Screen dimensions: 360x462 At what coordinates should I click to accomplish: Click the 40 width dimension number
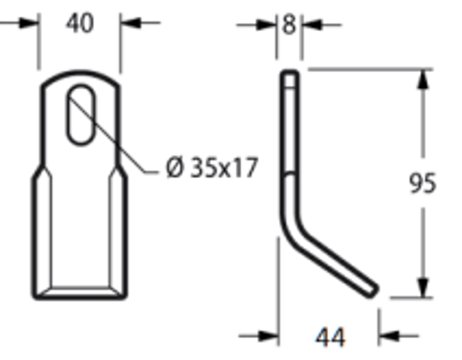(x=80, y=23)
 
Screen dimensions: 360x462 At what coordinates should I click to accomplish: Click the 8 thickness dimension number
(x=289, y=25)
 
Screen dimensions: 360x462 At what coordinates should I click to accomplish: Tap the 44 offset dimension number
(x=330, y=337)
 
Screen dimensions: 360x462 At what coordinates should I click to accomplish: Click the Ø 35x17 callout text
(x=212, y=168)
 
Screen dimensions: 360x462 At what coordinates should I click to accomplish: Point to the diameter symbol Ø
(x=174, y=168)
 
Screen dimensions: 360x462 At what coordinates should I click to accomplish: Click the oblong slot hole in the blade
(x=81, y=115)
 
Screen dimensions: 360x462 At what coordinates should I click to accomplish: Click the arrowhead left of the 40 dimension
(x=29, y=23)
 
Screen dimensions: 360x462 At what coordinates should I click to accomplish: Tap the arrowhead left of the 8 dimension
(x=267, y=25)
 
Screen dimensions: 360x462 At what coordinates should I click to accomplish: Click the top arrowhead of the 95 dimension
(x=423, y=79)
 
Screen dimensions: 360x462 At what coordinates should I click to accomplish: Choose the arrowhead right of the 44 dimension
(x=389, y=336)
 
